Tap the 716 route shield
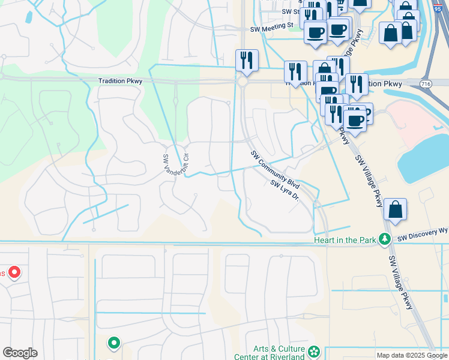(x=426, y=83)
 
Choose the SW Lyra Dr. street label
(x=285, y=190)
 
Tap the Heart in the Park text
(x=345, y=240)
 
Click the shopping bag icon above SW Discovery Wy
(x=395, y=210)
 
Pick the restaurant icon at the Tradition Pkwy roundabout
(x=247, y=60)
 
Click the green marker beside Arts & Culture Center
(x=314, y=351)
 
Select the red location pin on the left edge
(x=13, y=273)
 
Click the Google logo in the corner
(x=20, y=353)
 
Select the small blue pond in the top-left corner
(x=28, y=17)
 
